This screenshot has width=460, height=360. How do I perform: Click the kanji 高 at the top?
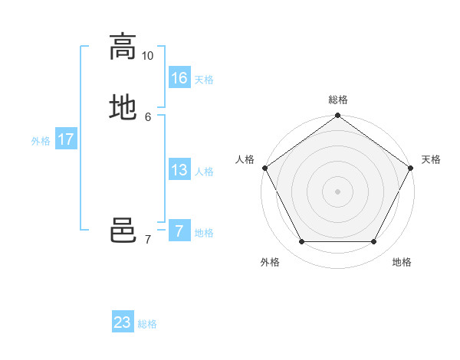123,47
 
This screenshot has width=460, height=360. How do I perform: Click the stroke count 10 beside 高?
148,56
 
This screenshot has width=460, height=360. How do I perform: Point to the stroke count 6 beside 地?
148,116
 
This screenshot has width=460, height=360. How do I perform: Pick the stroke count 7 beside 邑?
148,240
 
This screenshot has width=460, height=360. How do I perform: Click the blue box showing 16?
179,78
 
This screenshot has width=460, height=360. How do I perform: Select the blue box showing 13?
179,170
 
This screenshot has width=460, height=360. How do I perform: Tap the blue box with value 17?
66,139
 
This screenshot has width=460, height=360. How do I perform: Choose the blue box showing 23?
123,322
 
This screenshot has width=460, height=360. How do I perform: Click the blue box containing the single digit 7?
179,231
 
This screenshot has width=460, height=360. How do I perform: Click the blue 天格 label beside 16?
204,80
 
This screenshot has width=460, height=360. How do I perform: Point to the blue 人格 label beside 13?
204,172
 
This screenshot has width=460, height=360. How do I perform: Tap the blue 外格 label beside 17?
41,141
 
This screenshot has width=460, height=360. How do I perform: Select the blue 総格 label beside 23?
147,324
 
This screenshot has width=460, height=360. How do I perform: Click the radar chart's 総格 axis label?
338,100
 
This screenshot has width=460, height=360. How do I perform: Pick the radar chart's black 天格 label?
431,159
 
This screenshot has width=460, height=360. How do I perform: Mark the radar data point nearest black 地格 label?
374,242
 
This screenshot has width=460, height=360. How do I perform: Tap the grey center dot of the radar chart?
337,191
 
